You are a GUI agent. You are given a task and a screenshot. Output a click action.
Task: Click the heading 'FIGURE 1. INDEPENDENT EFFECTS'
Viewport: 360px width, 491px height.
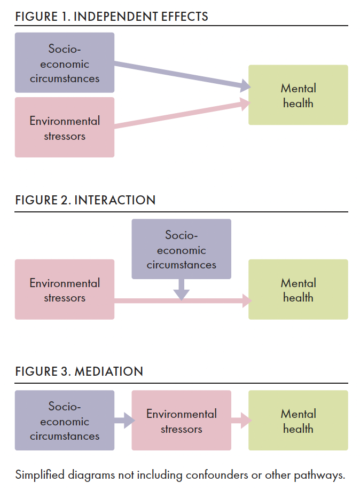112,17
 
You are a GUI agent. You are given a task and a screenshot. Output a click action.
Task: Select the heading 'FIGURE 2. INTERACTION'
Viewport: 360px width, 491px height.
85,200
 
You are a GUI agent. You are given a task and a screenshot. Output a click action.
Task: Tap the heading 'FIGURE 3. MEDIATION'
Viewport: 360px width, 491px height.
79,371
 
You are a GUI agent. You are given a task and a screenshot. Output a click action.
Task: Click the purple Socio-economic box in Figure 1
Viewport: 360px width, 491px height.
65,63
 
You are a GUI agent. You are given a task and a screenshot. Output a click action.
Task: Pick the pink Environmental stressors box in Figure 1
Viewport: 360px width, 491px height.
65,128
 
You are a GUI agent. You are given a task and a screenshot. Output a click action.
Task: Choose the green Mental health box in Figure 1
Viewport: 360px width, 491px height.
298,95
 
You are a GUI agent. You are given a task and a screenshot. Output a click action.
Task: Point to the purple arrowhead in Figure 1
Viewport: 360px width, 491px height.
245,85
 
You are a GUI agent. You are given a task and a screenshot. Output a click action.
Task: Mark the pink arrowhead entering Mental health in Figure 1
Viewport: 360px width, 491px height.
245,105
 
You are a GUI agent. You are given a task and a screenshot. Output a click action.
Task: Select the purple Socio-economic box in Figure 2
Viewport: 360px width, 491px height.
182,249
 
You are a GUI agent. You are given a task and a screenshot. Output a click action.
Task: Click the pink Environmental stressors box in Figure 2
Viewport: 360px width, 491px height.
65,290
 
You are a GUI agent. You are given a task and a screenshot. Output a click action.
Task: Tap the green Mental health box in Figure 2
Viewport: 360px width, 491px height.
298,290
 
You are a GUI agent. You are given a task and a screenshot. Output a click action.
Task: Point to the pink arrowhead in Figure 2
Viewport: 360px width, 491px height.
246,302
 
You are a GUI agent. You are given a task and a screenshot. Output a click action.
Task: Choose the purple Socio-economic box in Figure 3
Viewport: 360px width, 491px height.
65,421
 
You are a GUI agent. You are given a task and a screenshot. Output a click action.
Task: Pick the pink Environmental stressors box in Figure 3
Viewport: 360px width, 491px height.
182,421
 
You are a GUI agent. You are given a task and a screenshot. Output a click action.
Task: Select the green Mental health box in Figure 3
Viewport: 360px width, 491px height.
298,421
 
